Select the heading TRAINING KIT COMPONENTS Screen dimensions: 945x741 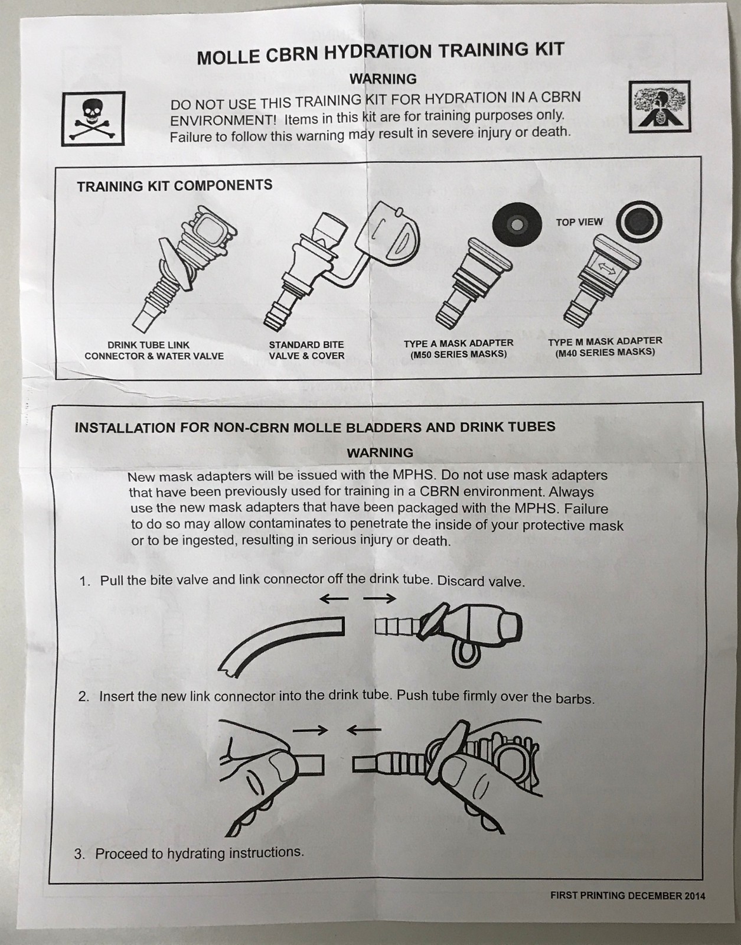click(x=174, y=185)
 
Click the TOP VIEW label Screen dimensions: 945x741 click(x=579, y=222)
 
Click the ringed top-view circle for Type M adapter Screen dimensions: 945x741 click(x=639, y=222)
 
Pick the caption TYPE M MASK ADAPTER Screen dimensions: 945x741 click(x=605, y=341)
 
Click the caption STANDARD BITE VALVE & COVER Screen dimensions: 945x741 click(x=306, y=350)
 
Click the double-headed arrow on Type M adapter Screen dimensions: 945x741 click(x=605, y=268)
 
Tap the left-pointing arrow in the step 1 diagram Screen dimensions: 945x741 click(x=334, y=599)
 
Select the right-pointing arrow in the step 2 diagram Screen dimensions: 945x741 click(x=310, y=731)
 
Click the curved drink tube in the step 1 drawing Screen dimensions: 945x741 click(x=278, y=641)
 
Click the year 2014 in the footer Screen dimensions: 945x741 click(x=694, y=896)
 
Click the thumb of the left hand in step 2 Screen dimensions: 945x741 click(x=278, y=768)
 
